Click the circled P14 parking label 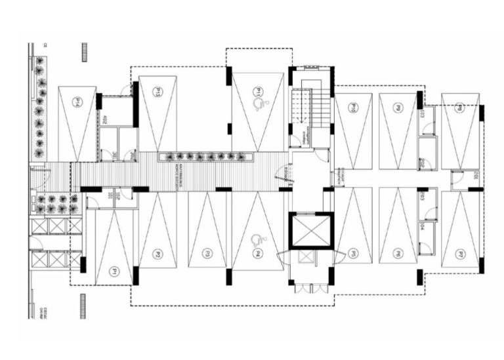(x=77, y=102)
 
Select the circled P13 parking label (x=157, y=91)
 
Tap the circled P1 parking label (x=114, y=270)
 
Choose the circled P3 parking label (x=206, y=253)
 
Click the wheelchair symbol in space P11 (x=260, y=103)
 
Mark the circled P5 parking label (x=352, y=253)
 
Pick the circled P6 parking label (x=398, y=253)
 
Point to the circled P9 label (x=398, y=107)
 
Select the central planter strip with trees (x=206, y=157)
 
